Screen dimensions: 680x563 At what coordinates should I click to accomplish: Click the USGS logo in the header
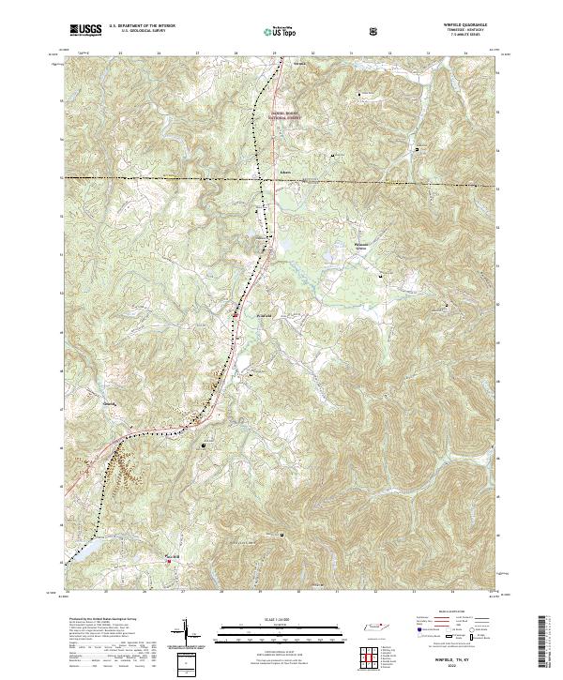click(85, 29)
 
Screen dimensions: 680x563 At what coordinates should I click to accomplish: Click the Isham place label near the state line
click(258, 172)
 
